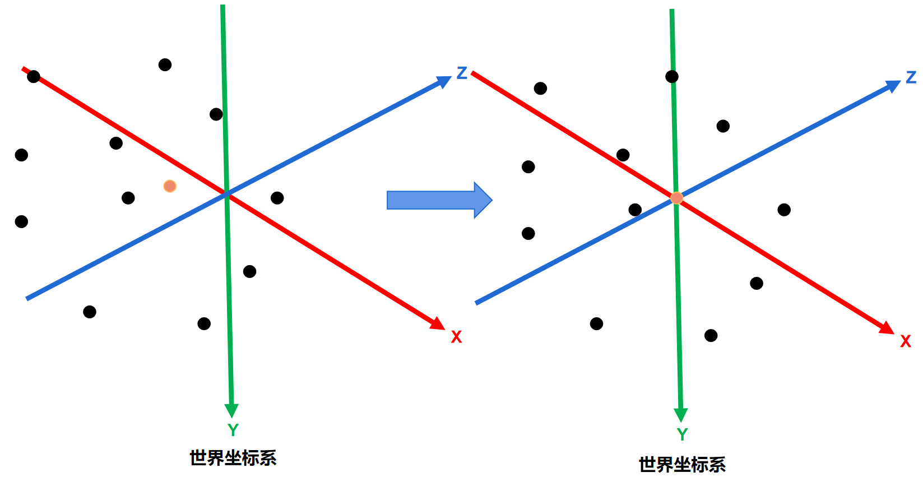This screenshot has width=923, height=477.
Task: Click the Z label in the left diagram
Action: [462, 73]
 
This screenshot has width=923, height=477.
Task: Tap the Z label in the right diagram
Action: [911, 77]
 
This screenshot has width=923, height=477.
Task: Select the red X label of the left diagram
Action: [456, 337]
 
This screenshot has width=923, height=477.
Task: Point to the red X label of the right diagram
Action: [906, 341]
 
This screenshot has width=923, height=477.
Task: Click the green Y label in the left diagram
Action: [233, 430]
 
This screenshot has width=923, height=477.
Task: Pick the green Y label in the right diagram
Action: [682, 434]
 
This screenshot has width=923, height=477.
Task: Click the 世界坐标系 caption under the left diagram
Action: [233, 458]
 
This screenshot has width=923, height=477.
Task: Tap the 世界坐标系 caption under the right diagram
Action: [682, 464]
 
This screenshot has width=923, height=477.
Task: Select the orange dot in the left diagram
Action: [170, 186]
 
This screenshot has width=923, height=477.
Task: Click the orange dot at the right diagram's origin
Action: [677, 198]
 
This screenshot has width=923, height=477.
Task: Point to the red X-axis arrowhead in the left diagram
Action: [438, 323]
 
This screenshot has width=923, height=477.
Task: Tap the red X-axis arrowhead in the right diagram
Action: [887, 328]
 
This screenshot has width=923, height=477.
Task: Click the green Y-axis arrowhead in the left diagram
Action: [231, 410]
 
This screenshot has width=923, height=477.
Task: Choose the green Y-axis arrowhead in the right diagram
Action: [681, 415]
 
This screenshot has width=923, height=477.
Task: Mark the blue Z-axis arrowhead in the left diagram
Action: [444, 82]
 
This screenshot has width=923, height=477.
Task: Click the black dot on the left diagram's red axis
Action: [34, 76]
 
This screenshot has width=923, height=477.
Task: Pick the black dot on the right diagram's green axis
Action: [672, 76]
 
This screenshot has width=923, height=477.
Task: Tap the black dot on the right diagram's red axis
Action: [623, 155]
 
